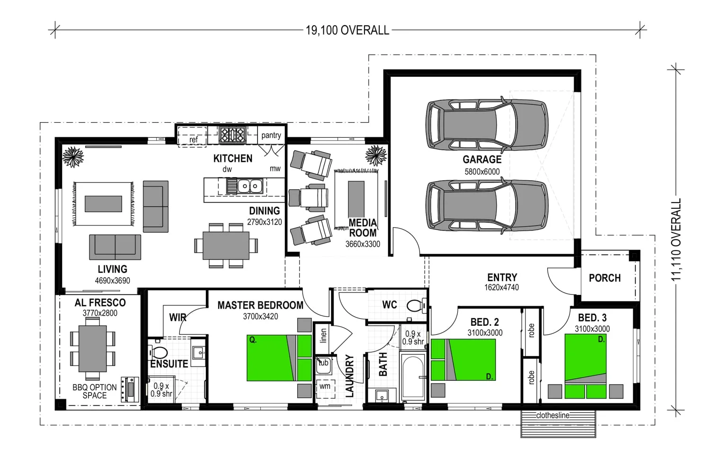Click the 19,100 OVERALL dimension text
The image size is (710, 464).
347,30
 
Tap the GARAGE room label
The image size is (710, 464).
482,159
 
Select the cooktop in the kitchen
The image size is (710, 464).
233,134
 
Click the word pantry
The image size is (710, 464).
271,135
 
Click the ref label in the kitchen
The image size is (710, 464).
193,140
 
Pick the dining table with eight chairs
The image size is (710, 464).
226,245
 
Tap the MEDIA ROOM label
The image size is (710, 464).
363,228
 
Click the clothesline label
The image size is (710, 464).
553,415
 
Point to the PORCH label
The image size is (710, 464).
605,278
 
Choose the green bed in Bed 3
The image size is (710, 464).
586,366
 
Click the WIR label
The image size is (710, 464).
178,317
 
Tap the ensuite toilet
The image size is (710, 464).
158,352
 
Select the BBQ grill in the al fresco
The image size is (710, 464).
130,390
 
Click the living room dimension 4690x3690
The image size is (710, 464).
113,281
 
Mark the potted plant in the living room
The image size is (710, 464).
73,157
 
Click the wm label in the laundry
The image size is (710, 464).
325,386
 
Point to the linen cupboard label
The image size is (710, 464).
323,336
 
